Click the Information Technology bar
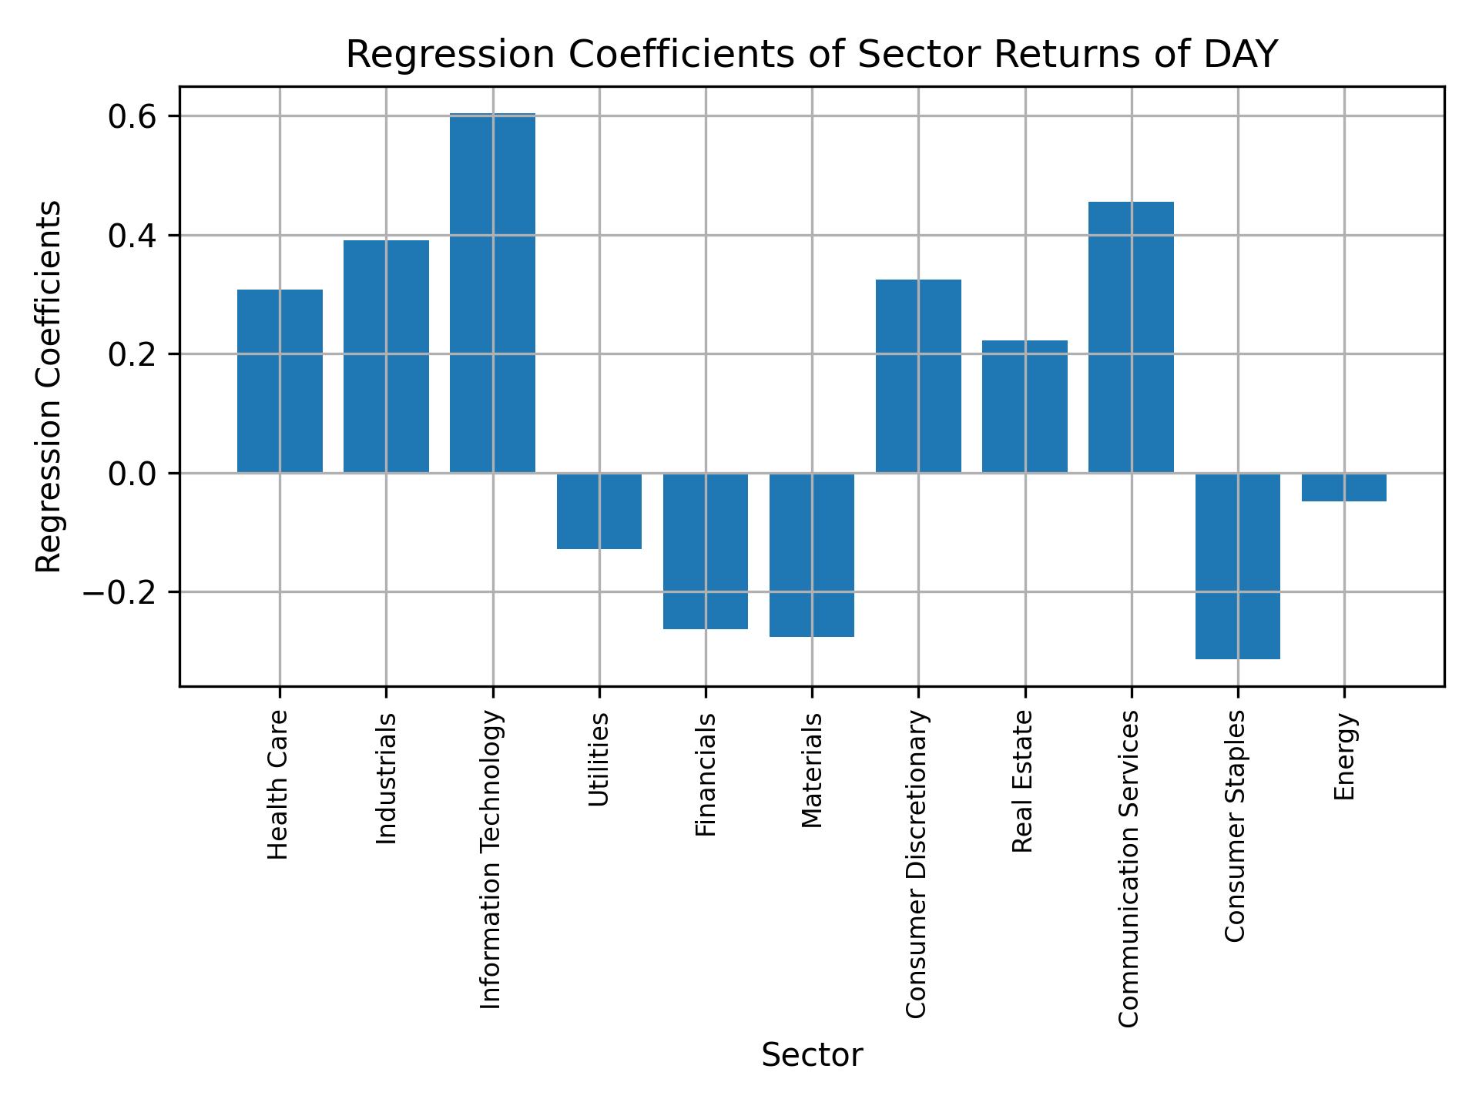coord(492,293)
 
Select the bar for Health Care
coord(280,381)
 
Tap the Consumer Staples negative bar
coord(1237,566)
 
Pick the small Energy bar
coord(1343,487)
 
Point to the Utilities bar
coord(599,511)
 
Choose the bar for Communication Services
coord(1131,337)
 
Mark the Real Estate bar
coord(1025,407)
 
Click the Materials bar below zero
coord(811,554)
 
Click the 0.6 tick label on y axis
coord(132,117)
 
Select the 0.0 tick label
coord(132,474)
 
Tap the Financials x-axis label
coord(706,775)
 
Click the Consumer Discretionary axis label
coord(916,864)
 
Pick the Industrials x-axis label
coord(386,779)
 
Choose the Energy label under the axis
coord(1344,757)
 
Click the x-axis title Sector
coord(812,1055)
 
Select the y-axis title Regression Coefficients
coord(49,387)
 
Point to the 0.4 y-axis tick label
coord(132,236)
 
